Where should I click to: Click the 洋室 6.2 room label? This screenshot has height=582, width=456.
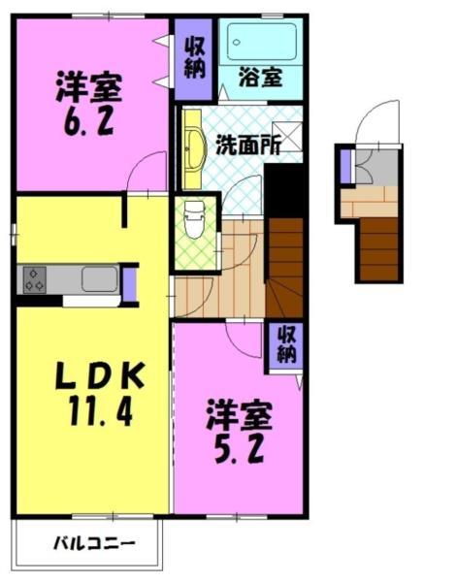[88, 105]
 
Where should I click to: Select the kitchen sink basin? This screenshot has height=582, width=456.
[99, 279]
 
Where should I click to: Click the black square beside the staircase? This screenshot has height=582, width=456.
[284, 189]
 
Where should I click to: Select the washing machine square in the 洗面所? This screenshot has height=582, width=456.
[287, 136]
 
